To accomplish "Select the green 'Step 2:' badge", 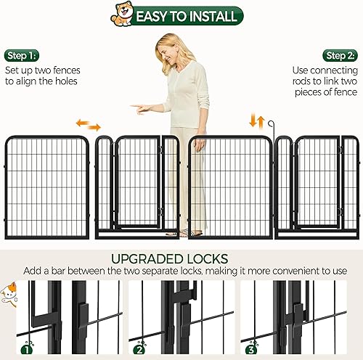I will point(340,56).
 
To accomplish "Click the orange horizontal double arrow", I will point(88,126).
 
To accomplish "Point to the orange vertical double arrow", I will point(255,120).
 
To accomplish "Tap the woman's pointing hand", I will point(139,107).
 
